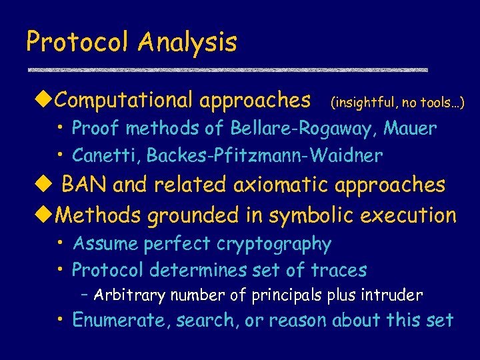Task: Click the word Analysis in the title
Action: (x=187, y=42)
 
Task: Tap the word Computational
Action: (x=124, y=100)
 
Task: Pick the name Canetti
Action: (x=106, y=155)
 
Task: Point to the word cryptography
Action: (x=274, y=244)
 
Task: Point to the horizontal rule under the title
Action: (x=227, y=69)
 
